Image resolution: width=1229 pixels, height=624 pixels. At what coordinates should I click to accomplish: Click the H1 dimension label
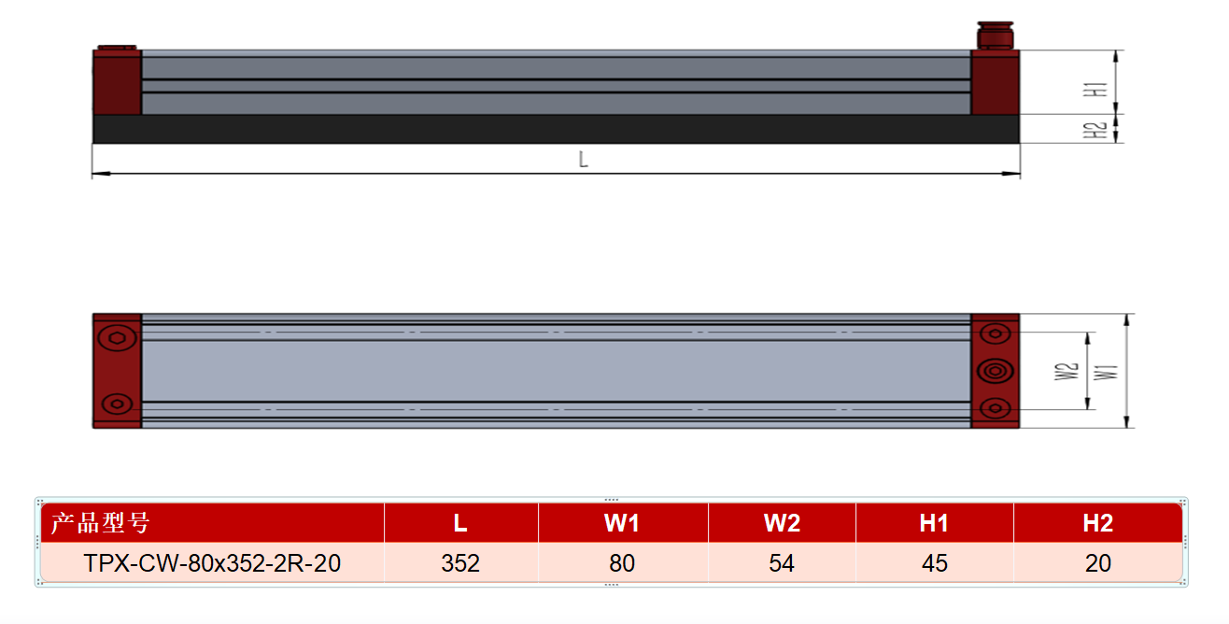[x=1095, y=90]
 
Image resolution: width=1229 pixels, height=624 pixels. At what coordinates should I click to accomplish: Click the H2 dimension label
[x=1095, y=131]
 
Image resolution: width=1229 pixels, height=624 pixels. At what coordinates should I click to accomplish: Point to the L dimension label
[x=584, y=160]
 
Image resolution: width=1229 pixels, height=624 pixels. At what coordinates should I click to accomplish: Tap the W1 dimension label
[x=1106, y=372]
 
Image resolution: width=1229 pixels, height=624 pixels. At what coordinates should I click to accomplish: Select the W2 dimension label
[x=1067, y=372]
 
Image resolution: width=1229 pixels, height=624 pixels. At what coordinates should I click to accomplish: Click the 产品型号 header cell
[x=100, y=523]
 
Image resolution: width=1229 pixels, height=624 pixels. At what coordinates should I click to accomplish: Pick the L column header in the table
[x=460, y=523]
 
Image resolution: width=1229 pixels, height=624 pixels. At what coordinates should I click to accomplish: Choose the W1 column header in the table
[x=622, y=523]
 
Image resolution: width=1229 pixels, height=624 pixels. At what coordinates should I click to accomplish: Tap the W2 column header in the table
[x=782, y=523]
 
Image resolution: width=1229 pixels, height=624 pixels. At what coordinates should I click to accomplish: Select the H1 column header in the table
[x=934, y=523]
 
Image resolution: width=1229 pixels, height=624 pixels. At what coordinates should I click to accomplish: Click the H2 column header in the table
[x=1098, y=523]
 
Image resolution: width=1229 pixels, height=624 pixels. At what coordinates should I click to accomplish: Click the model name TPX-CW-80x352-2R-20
[x=212, y=563]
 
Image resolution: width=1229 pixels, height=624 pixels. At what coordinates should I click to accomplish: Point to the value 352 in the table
[x=460, y=563]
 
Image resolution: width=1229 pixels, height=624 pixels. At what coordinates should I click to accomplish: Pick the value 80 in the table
[x=622, y=563]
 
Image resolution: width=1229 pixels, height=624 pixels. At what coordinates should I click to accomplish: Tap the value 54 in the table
[x=782, y=563]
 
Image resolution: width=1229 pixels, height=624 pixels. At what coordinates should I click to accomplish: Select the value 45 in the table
[x=935, y=563]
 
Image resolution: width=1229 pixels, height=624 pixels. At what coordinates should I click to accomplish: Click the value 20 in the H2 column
[x=1098, y=563]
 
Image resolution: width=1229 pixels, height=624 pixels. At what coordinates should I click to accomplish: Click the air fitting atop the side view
[x=996, y=35]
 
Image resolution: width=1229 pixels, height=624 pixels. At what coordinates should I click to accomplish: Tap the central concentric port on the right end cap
[x=996, y=371]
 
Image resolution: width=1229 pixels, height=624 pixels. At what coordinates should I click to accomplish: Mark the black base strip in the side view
[x=556, y=129]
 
